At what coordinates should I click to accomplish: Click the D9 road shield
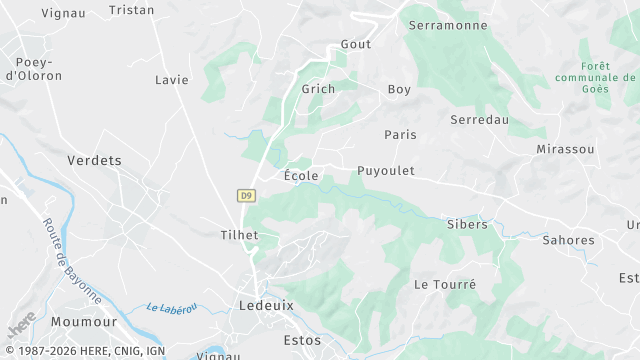pos(246,196)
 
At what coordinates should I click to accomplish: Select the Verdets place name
pos(94,160)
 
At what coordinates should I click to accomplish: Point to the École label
pos(301,176)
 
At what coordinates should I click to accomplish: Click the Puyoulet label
pos(385,171)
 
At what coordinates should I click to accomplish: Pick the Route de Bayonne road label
pos(72,261)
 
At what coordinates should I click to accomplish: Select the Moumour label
pos(85,322)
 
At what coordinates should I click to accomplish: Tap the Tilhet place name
pos(239,235)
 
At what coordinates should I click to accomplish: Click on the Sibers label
pos(467,224)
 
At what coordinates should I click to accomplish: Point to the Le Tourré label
pos(445,284)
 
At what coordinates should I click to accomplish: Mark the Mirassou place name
pos(565,149)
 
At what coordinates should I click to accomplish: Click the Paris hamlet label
pos(400,134)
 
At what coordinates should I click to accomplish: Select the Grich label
pos(318,88)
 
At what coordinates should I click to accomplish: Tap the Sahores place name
pos(568,240)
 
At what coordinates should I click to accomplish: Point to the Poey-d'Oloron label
pos(34,68)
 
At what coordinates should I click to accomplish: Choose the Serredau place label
pos(480,119)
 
